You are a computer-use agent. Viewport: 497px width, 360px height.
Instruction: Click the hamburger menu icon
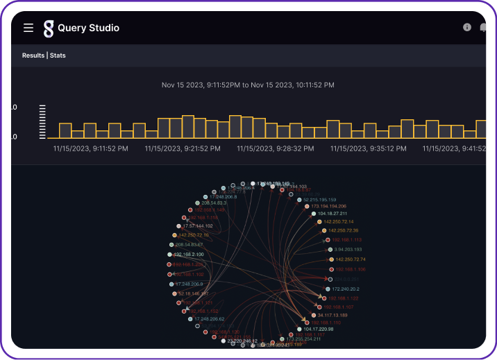pos(28,28)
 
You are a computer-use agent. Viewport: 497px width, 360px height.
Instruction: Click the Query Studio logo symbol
pos(48,28)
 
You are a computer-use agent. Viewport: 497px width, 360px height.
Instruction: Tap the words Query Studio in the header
pos(88,28)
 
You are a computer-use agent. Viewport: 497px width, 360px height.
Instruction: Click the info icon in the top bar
pos(467,28)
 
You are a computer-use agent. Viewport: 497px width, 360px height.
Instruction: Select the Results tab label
pos(33,55)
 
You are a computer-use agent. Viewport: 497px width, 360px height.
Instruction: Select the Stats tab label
pos(58,55)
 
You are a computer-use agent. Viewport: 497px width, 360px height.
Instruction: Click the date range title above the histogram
pos(248,85)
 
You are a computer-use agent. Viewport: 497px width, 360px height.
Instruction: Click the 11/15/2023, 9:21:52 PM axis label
pos(183,148)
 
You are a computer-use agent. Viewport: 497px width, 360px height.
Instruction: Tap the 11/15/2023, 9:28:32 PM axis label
pos(275,148)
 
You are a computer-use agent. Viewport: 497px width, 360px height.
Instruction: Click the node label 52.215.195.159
pos(319,199)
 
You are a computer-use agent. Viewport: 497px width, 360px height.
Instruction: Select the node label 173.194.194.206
pos(328,206)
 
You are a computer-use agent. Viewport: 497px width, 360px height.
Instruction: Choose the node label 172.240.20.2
pos(346,289)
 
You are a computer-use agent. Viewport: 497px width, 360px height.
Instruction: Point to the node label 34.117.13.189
pos(332,315)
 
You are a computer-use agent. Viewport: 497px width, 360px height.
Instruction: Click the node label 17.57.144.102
pos(197,226)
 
